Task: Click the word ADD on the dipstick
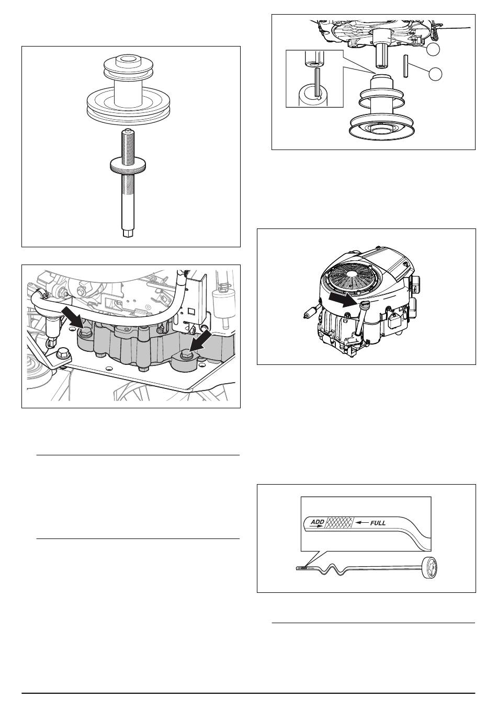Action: pos(317,522)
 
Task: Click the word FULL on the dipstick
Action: pos(378,523)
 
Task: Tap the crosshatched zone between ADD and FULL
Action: pos(340,522)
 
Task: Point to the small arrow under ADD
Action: pos(315,526)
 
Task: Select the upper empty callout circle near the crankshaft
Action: pos(433,49)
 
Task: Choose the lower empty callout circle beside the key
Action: pos(435,74)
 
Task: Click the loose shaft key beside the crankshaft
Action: pos(405,66)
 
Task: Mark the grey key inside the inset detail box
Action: pos(318,83)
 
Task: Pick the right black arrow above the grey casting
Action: pos(200,340)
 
